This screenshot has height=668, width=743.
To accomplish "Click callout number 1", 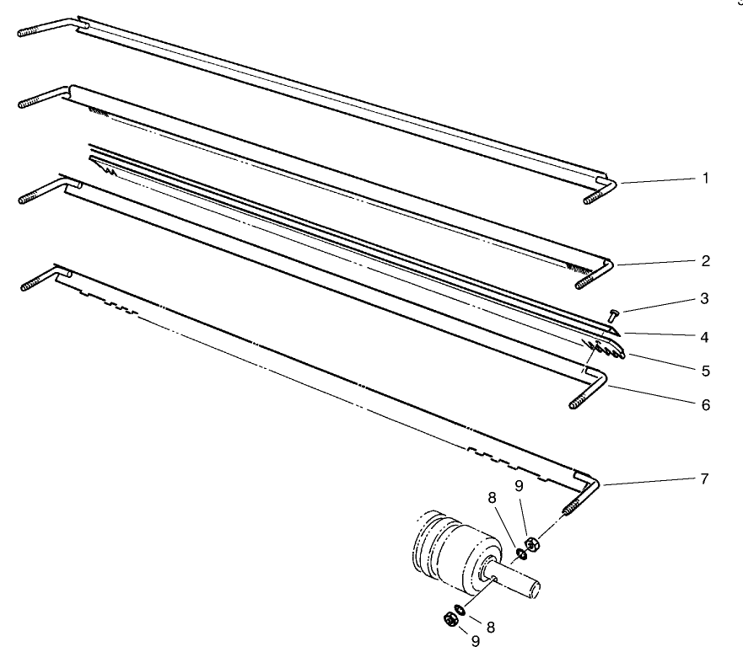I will [704, 179].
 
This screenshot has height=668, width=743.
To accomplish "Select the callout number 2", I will [704, 261].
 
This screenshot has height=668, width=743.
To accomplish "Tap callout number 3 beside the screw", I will [704, 298].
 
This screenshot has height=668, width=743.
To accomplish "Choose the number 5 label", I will [704, 369].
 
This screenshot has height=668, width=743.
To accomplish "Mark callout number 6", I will [704, 405].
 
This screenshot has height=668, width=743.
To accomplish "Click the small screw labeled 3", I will [611, 315].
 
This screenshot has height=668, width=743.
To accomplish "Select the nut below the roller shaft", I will [450, 620].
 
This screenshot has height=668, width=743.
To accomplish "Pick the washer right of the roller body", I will [521, 553].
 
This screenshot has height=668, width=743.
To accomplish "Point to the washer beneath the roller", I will [460, 609].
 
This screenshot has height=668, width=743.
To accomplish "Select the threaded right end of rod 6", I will [580, 400].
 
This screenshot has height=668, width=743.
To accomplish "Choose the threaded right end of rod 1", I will [595, 197].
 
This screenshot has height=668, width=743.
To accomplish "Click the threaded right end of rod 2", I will [588, 282].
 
